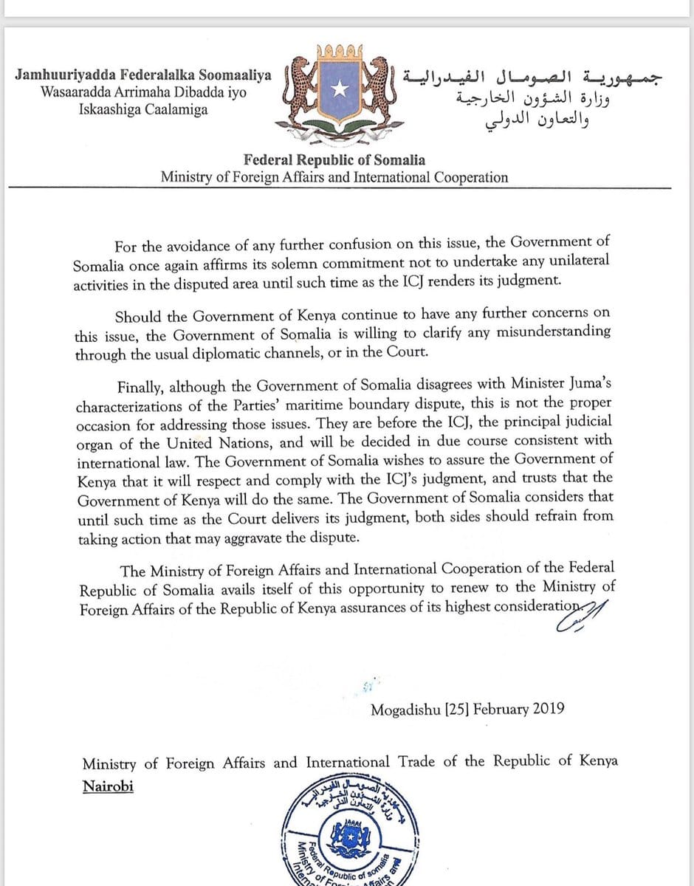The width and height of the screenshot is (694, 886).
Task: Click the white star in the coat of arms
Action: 339,89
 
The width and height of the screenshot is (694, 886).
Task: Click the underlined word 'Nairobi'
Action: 108,786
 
